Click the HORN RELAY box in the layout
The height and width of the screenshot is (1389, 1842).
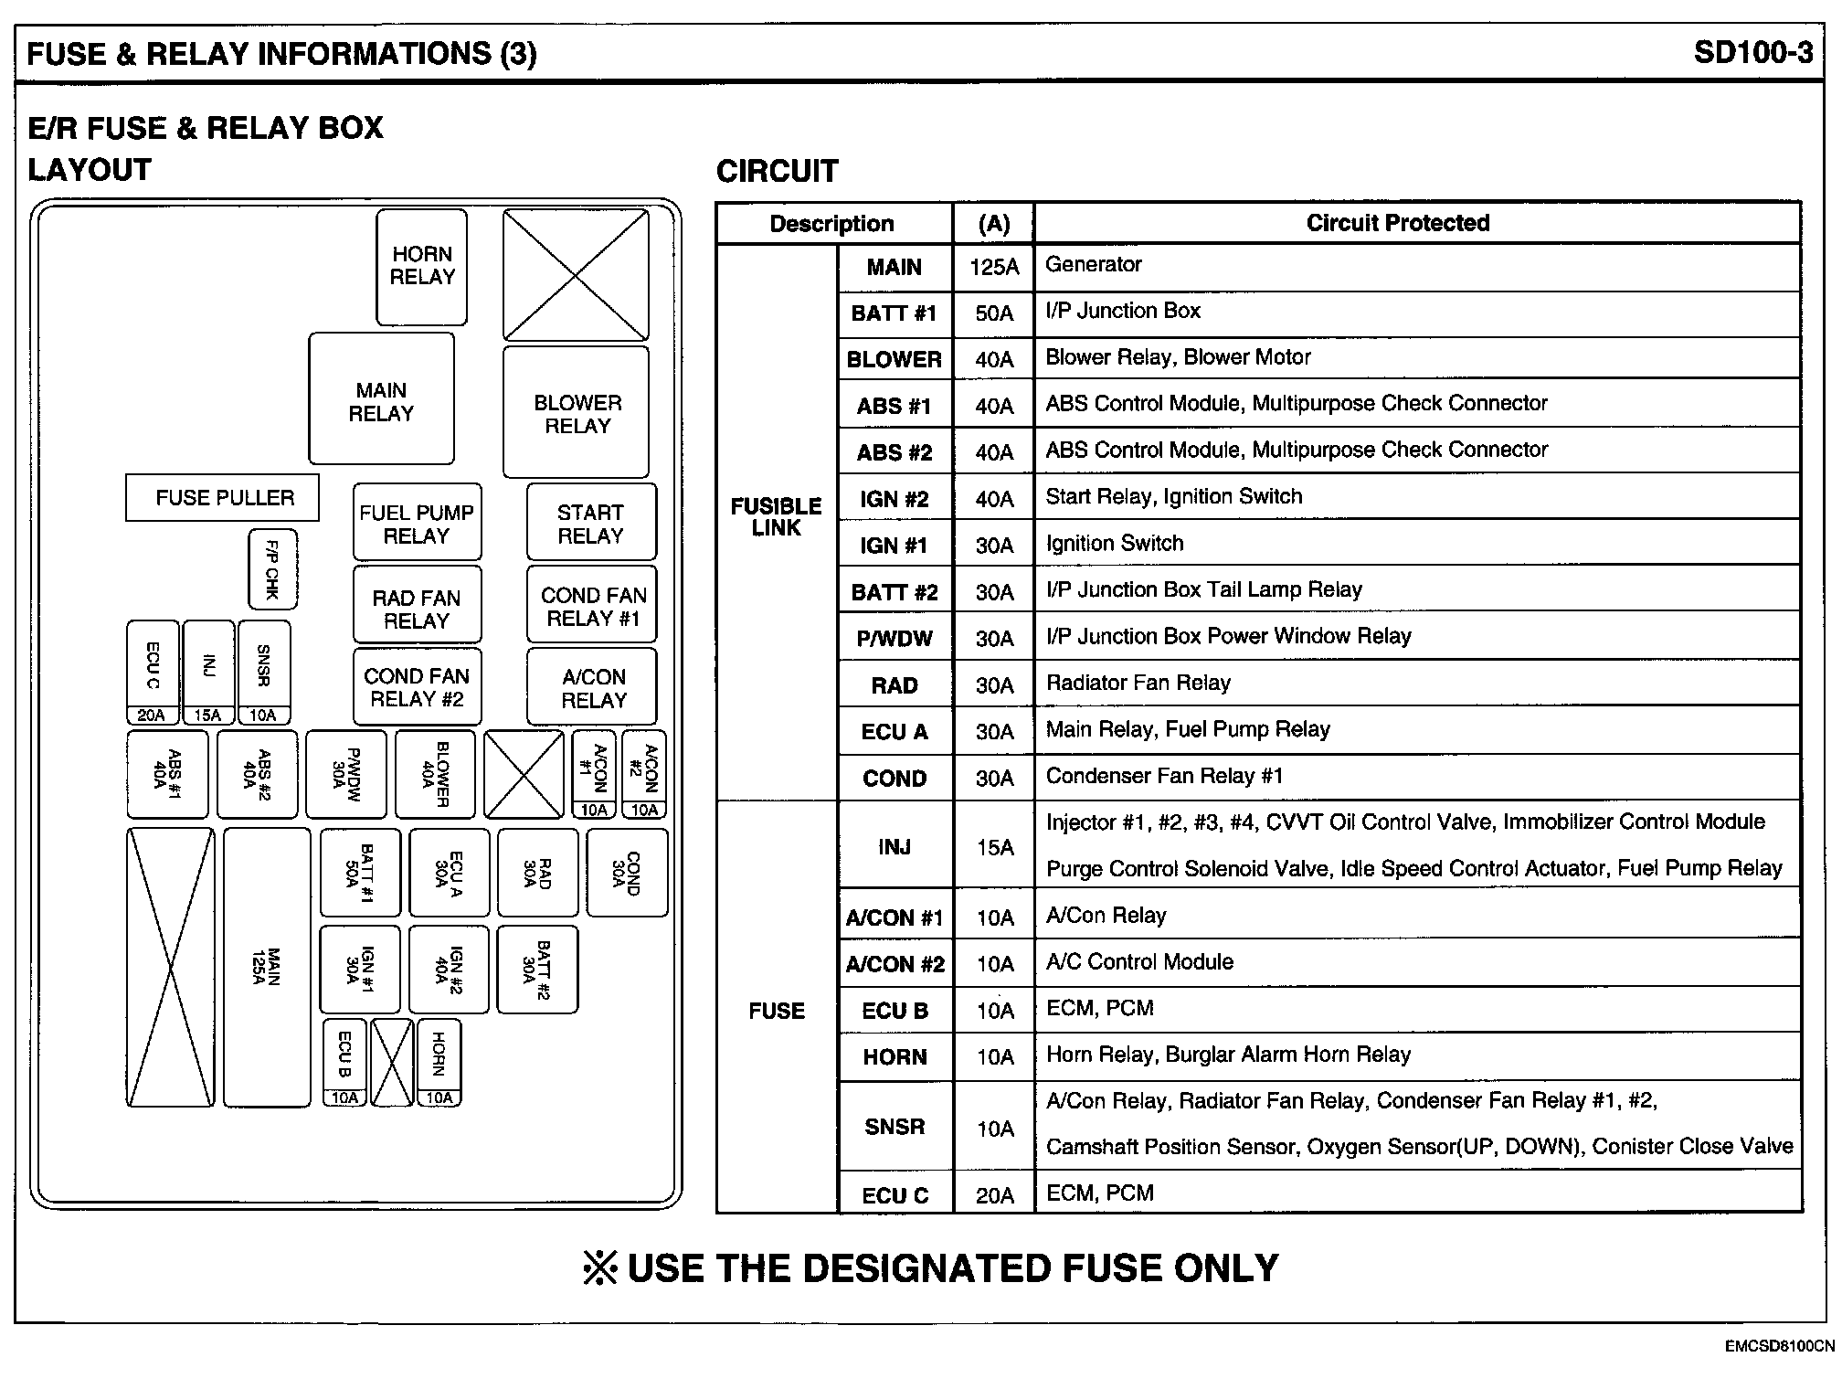[421, 266]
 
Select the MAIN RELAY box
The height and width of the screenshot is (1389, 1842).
[381, 399]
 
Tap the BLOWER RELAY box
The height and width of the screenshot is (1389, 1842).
[577, 412]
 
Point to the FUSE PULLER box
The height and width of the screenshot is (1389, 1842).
[224, 498]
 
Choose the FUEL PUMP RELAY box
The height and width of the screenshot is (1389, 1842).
[417, 523]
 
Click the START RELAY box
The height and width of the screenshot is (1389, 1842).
[591, 523]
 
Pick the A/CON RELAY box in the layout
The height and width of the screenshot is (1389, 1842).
[593, 687]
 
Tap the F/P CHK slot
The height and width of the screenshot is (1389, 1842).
[272, 568]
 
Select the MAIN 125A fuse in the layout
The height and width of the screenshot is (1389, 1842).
[267, 967]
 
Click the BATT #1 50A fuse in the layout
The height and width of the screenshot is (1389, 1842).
[360, 872]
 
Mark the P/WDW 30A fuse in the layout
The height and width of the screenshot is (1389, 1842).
[346, 774]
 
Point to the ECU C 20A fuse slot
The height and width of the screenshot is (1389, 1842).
[153, 673]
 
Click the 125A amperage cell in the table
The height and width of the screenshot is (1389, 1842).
[993, 267]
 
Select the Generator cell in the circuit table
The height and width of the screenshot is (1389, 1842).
[1094, 265]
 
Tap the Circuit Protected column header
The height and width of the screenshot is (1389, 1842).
[1397, 223]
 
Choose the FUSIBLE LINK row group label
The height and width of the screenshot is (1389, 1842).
[776, 517]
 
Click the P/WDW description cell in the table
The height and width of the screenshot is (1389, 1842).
[894, 639]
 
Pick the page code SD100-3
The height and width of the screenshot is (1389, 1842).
[1752, 52]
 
